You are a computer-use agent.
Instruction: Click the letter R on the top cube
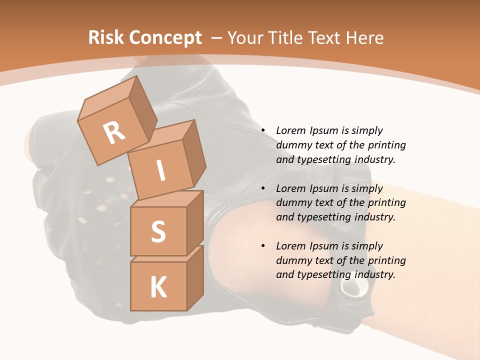click(x=114, y=132)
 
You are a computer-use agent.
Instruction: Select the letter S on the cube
click(x=158, y=231)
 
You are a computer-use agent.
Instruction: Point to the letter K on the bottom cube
click(x=158, y=287)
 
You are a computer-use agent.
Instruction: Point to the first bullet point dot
click(x=262, y=130)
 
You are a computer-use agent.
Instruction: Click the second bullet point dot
click(x=262, y=188)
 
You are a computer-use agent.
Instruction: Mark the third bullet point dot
click(x=262, y=246)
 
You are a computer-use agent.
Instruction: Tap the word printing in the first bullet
click(x=387, y=145)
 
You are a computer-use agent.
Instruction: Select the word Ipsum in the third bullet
click(x=323, y=246)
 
